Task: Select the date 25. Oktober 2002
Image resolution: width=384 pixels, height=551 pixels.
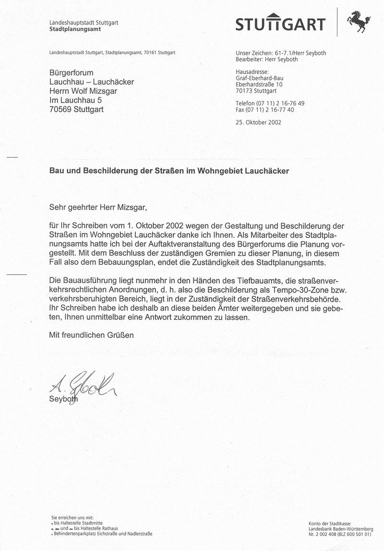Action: (x=258, y=122)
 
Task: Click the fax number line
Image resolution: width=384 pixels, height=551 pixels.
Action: (x=264, y=110)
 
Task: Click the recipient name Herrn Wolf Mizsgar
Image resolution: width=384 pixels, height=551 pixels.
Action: (x=83, y=91)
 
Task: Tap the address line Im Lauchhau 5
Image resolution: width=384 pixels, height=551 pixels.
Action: (x=75, y=100)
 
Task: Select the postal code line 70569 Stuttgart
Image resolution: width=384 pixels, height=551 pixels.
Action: (x=76, y=109)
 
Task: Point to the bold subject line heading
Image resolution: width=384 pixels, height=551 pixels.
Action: (x=169, y=171)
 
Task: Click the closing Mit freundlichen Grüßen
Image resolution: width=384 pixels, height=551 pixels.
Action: (x=91, y=335)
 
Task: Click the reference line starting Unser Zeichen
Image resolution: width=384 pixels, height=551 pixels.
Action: (x=281, y=53)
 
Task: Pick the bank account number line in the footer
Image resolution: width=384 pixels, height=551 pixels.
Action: (x=340, y=533)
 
